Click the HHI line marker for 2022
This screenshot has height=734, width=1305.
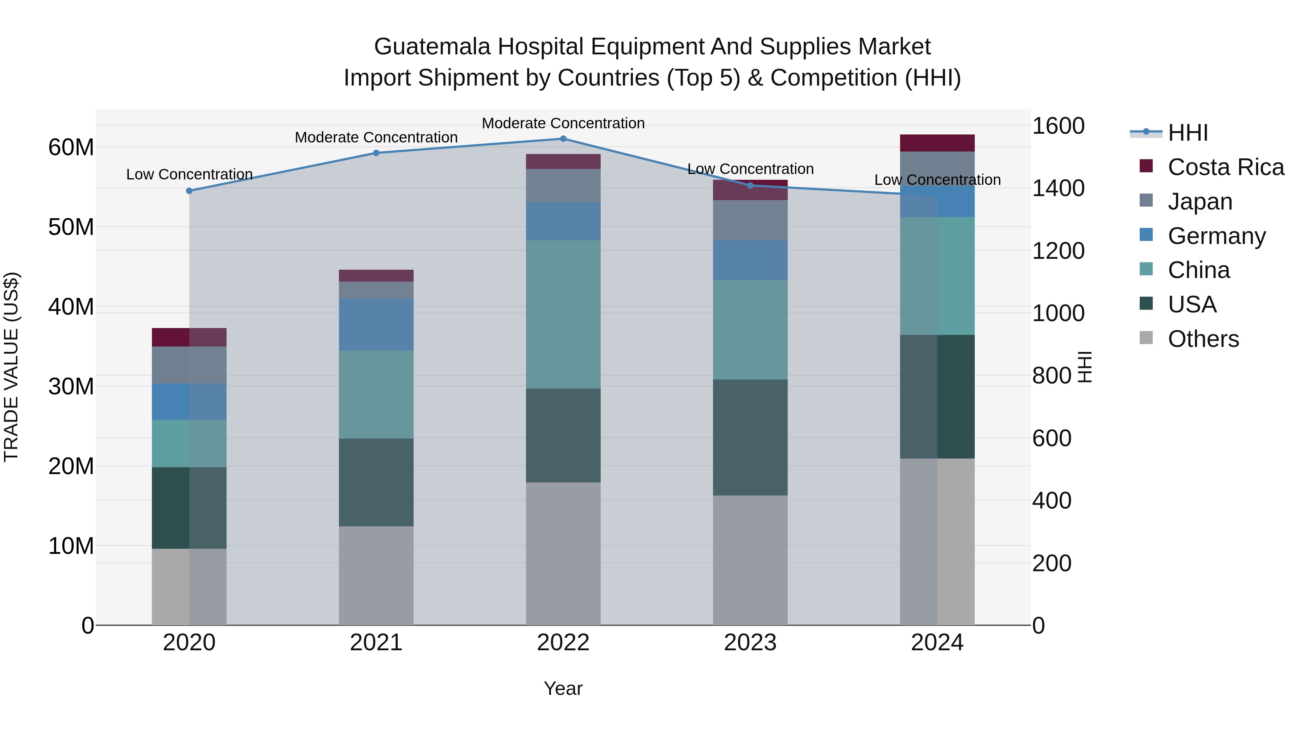click(563, 139)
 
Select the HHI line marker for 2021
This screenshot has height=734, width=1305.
click(376, 153)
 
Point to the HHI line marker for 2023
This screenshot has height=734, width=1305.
click(750, 185)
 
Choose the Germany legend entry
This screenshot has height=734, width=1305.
click(1216, 236)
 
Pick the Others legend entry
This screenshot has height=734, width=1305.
click(1203, 339)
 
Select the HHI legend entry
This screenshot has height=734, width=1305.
click(1188, 133)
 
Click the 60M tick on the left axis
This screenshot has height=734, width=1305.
click(71, 148)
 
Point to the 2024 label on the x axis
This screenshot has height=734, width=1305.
click(937, 643)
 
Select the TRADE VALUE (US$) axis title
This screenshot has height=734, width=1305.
click(12, 367)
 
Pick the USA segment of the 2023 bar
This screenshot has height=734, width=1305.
click(750, 437)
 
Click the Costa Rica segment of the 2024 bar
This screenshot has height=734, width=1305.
click(937, 143)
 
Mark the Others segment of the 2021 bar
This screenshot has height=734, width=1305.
click(376, 576)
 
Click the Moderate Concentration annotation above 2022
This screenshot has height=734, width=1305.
click(563, 124)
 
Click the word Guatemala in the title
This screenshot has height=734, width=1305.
click(432, 47)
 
